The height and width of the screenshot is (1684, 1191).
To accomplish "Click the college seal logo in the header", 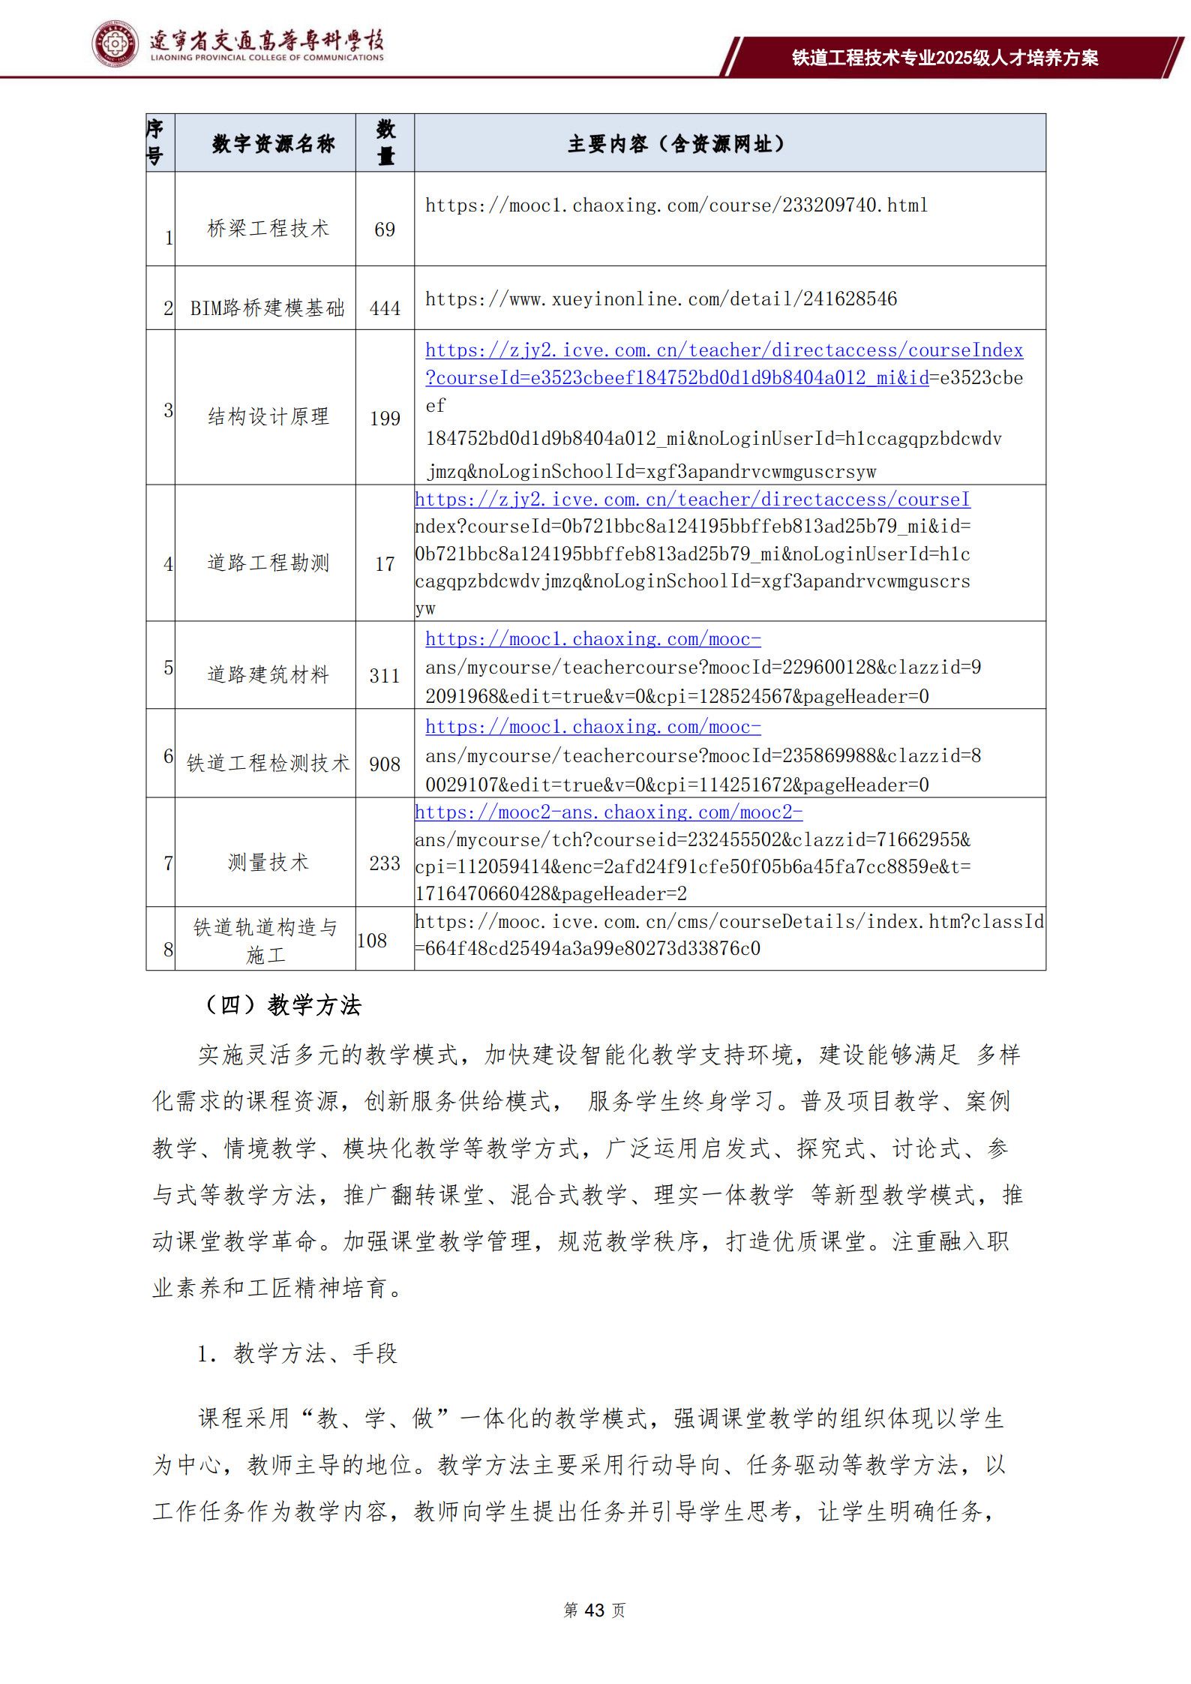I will click(x=115, y=44).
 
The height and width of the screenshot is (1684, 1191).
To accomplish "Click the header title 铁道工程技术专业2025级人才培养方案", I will click(x=945, y=58).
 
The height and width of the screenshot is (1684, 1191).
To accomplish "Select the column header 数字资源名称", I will click(x=273, y=143).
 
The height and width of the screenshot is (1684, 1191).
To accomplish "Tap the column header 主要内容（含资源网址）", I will click(x=676, y=143).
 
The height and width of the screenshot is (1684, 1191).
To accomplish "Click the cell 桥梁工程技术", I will click(x=268, y=229).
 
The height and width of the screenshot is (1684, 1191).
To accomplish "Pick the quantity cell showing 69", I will click(x=385, y=230).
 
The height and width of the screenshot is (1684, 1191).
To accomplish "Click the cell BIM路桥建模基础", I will click(x=267, y=308).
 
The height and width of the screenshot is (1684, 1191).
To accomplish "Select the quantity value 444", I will click(x=385, y=308).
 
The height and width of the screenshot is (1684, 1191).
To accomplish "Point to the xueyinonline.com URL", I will click(x=661, y=299).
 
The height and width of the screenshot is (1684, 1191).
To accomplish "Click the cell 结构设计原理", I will click(x=268, y=416).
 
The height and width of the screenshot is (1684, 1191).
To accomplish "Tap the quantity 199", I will click(x=385, y=419).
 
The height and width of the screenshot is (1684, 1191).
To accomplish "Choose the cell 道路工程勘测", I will click(x=268, y=563).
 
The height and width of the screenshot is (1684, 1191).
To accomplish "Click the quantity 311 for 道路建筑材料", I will click(x=385, y=676).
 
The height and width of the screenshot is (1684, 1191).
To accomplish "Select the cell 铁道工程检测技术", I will click(x=268, y=763).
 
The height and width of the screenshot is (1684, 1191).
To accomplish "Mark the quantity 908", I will click(x=385, y=764).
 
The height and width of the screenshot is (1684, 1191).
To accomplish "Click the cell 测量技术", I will click(x=268, y=862).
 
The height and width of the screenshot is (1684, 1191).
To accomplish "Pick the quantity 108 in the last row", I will click(x=372, y=941).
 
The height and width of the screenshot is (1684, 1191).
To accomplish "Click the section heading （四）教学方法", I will click(x=282, y=1005).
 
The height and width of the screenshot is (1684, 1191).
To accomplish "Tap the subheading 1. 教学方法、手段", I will click(x=297, y=1353).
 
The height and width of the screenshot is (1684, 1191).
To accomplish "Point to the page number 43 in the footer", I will click(x=594, y=1610).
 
